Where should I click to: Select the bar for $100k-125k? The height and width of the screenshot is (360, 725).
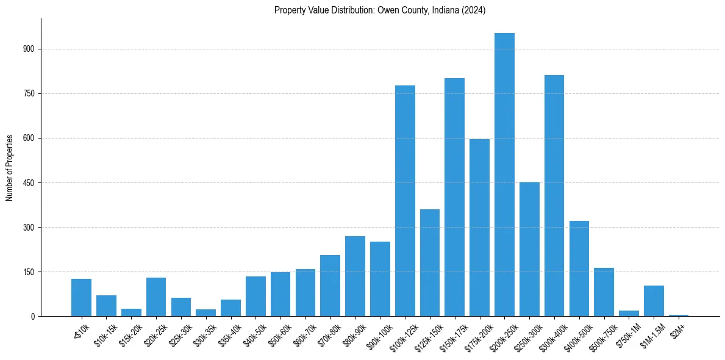tap(405, 201)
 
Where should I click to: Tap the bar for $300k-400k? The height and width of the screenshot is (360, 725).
tap(554, 195)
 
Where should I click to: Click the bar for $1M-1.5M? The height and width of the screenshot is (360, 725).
tap(654, 301)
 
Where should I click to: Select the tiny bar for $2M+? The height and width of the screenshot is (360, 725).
tap(679, 315)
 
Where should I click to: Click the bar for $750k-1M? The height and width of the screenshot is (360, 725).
tap(629, 313)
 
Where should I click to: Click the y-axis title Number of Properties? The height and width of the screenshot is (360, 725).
tap(10, 167)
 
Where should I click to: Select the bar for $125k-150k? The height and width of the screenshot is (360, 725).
tap(430, 262)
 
